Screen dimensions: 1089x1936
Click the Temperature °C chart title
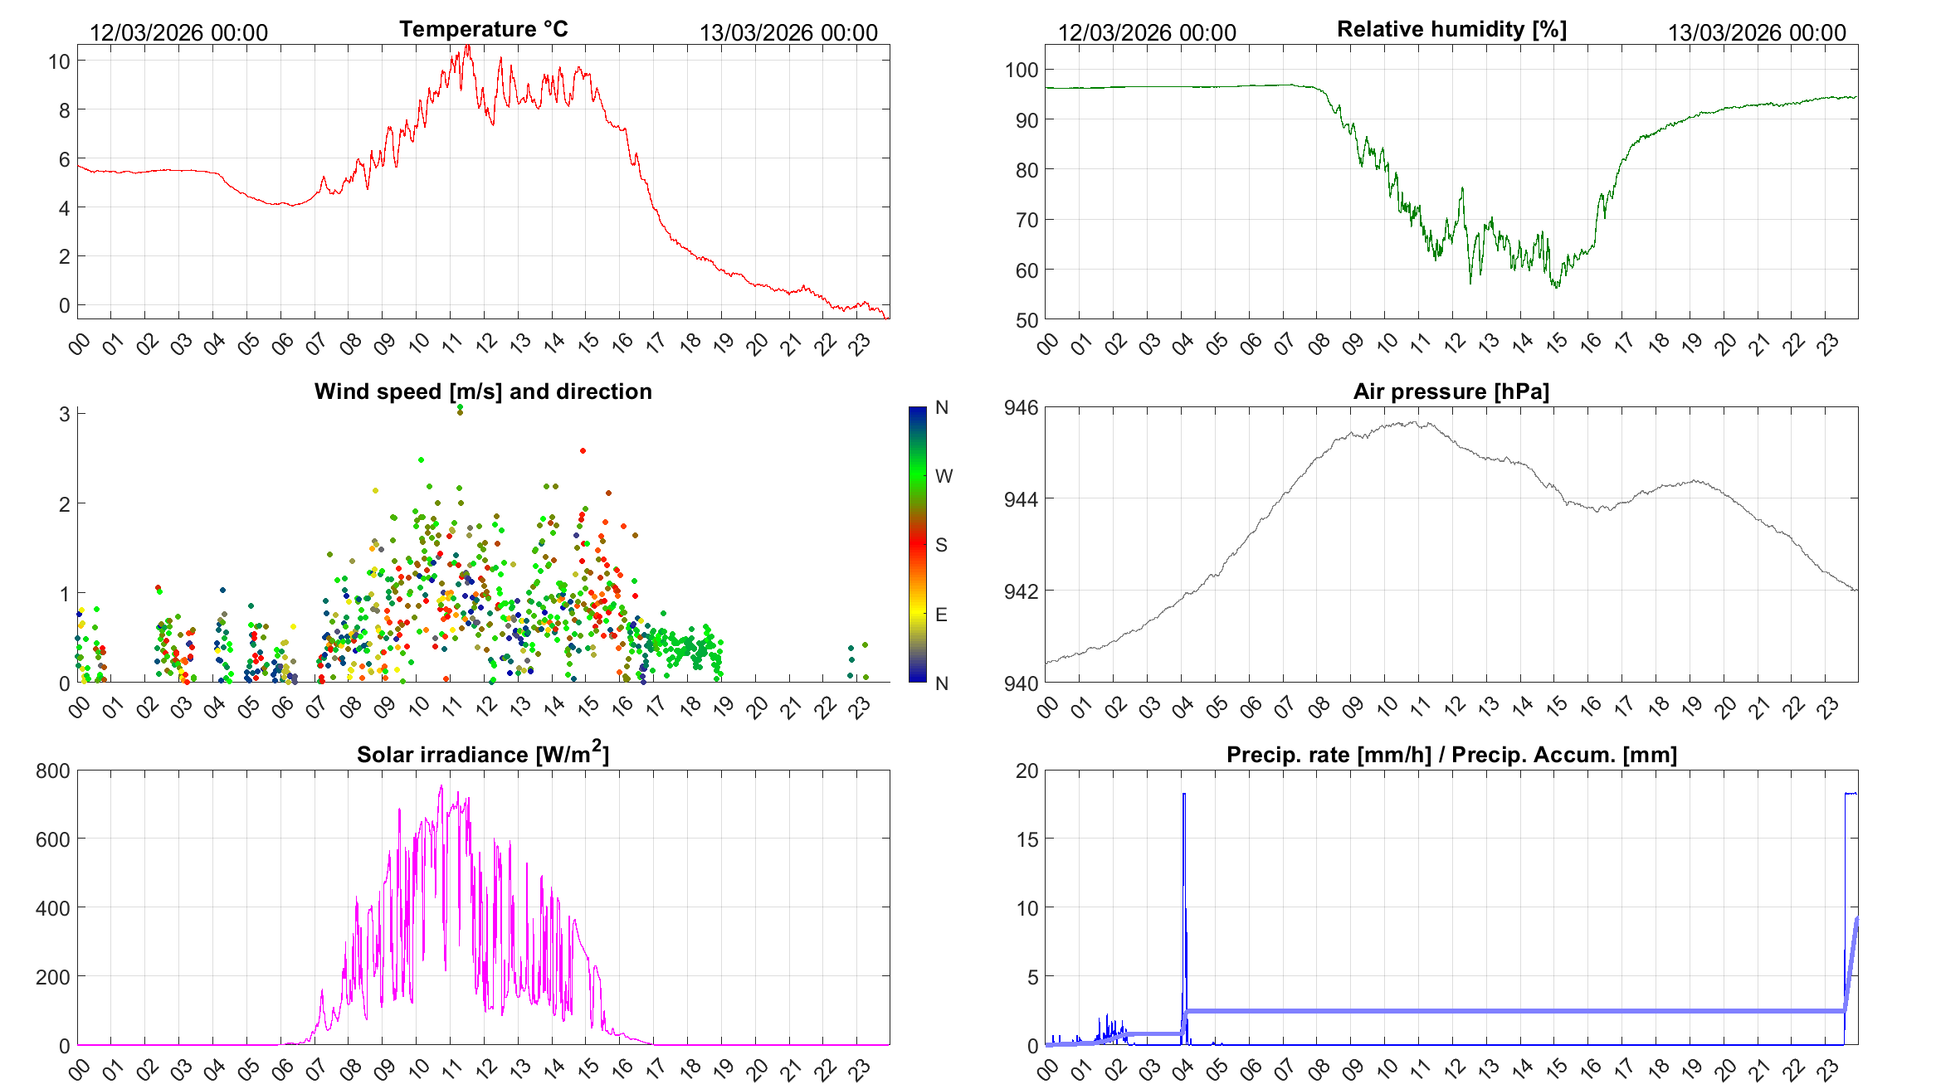tap(483, 29)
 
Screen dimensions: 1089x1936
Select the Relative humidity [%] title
tap(1451, 29)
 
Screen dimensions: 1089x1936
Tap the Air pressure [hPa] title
tap(1451, 391)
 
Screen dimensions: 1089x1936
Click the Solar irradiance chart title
tap(482, 754)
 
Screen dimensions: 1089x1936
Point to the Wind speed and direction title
tap(483, 391)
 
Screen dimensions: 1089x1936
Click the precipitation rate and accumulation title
tap(1451, 755)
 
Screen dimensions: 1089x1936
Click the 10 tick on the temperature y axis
tap(59, 61)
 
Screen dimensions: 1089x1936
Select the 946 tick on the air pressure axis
tap(1021, 407)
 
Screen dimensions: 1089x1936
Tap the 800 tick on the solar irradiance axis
tap(53, 771)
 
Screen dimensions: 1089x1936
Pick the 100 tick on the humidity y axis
tap(1022, 70)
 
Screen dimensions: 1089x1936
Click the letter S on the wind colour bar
tap(941, 545)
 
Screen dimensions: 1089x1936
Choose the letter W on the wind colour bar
tap(944, 476)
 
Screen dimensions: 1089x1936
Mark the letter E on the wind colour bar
tap(941, 615)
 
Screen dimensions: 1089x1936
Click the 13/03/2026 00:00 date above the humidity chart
tap(1757, 33)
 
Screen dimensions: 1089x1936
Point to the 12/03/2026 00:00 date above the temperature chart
tap(178, 33)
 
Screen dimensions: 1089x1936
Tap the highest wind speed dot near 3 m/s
tap(460, 408)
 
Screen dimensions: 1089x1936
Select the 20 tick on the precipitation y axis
tap(1027, 771)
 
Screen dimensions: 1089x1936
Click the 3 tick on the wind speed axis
tap(65, 413)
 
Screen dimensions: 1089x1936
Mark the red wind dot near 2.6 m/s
tap(583, 451)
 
